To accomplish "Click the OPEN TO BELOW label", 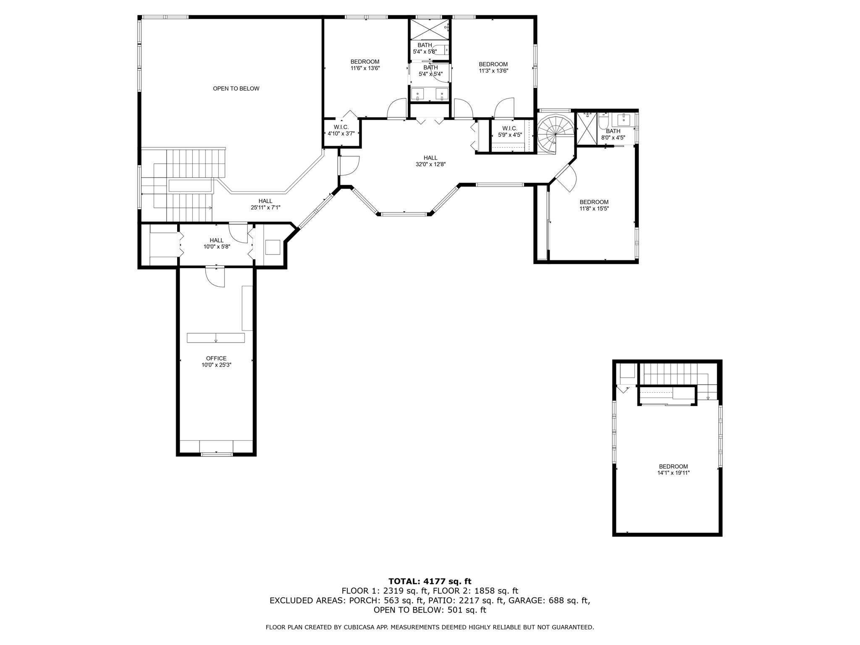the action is click(x=236, y=89).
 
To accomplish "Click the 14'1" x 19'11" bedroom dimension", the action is click(x=674, y=473).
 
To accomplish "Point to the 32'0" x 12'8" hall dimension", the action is click(x=430, y=164).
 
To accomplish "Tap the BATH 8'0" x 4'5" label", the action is click(x=613, y=134).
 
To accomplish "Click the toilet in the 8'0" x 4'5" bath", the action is click(x=603, y=122).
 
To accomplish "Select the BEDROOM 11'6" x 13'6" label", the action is click(x=365, y=65).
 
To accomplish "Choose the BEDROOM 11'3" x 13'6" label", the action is click(x=493, y=68).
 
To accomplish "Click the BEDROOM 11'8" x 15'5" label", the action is click(x=594, y=205).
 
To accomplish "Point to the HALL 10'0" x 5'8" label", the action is click(x=217, y=244).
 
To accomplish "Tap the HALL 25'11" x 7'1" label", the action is click(x=265, y=204).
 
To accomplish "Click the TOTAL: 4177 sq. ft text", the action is click(x=430, y=581).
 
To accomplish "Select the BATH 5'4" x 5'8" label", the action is click(x=425, y=48).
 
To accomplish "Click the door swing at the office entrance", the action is click(x=215, y=277).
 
